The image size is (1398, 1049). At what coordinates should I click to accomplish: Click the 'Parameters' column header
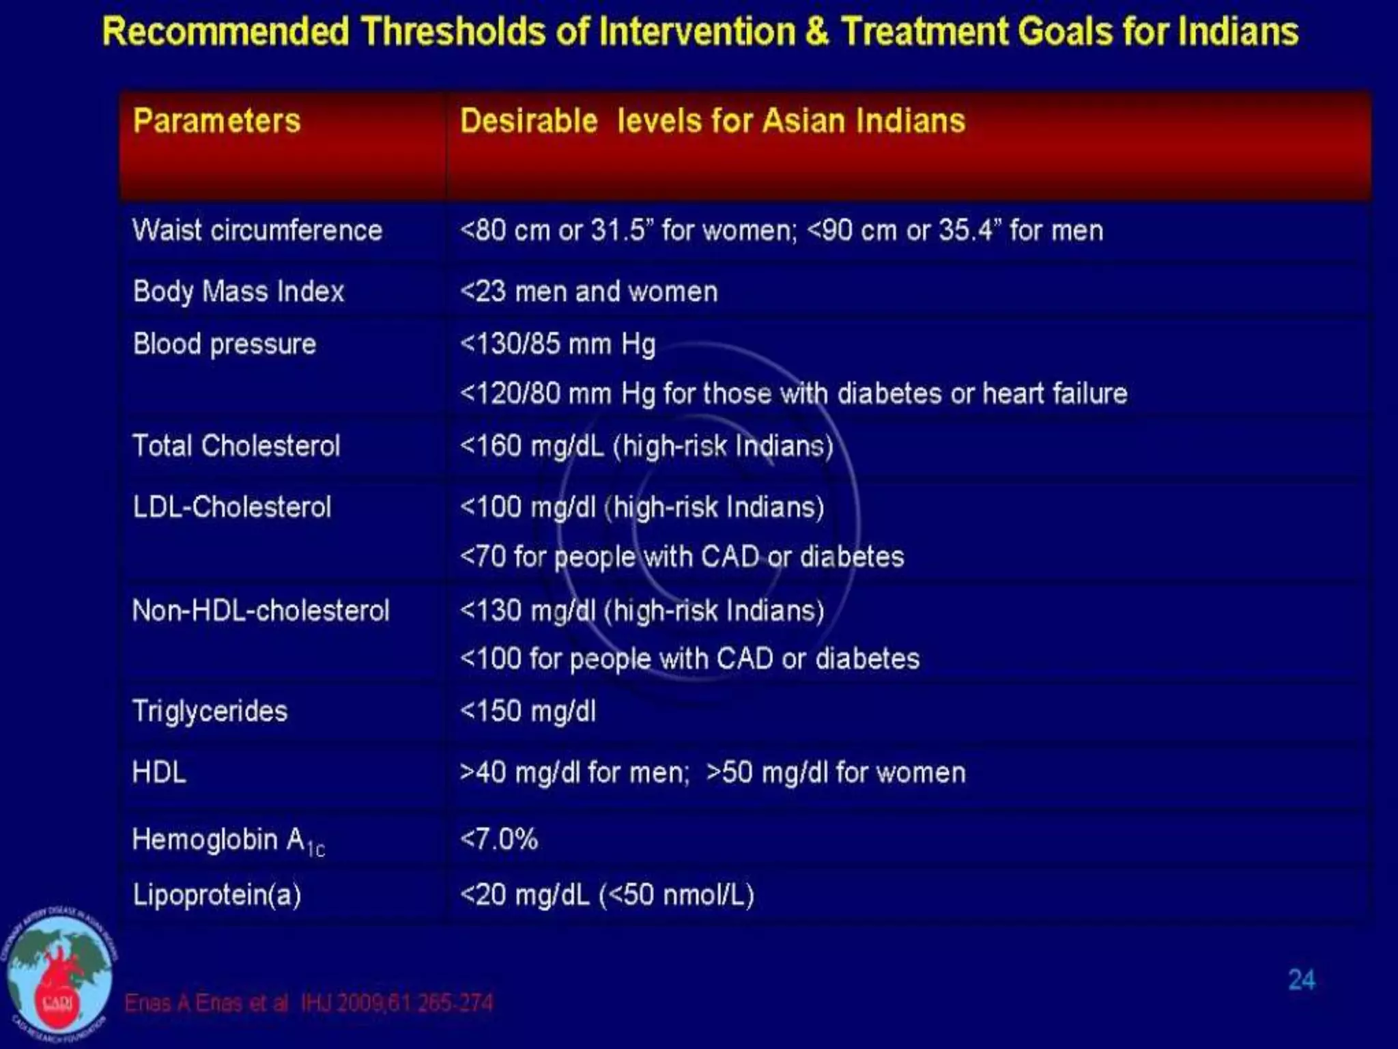216,121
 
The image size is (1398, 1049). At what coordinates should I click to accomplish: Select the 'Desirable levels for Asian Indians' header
712,121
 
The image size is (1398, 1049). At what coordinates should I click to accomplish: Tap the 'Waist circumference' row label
257,230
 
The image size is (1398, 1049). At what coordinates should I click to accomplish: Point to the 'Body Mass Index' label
238,292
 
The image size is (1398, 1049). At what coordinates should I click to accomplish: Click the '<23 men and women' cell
588,292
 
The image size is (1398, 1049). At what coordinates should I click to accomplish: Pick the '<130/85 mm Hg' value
558,344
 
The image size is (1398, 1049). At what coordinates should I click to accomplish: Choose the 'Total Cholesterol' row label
236,446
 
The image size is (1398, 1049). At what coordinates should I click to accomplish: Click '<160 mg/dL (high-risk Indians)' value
646,446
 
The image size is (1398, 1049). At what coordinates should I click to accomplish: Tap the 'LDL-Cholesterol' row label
232,507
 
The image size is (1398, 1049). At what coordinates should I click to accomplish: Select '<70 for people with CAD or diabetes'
682,557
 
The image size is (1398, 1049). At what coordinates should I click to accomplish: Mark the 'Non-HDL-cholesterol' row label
261,610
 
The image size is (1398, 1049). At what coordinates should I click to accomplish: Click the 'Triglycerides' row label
210,711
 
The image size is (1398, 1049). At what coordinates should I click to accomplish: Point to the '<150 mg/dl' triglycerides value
528,711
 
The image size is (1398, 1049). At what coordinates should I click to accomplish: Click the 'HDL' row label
159,772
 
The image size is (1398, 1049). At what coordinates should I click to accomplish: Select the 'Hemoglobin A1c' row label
228,840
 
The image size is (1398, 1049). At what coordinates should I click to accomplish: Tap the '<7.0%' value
499,839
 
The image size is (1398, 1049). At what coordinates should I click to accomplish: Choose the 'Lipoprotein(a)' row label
217,895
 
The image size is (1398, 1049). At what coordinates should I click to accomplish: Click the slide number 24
1301,980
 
